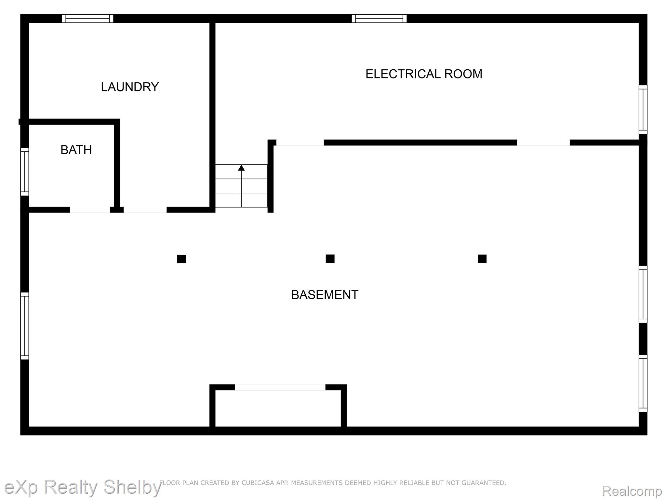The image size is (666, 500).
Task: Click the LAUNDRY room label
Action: point(130,87)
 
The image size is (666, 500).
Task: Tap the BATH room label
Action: point(76,150)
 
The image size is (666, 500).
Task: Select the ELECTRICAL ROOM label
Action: point(424,74)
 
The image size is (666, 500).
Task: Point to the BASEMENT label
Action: point(325,295)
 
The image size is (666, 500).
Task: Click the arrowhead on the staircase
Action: point(241,168)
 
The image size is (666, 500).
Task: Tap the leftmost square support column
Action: point(181,259)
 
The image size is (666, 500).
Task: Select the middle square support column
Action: point(330,258)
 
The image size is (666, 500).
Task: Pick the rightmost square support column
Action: point(482,259)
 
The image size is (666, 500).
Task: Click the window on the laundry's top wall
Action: point(88,19)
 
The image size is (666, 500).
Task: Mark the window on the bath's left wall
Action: point(25,172)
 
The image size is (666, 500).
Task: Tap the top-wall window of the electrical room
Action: point(379,19)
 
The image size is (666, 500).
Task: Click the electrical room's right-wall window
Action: point(643,110)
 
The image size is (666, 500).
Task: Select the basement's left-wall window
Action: point(25,326)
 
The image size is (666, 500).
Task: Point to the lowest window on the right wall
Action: point(643,383)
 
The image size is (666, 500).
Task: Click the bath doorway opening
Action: point(90,210)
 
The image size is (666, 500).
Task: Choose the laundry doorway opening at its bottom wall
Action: point(145,210)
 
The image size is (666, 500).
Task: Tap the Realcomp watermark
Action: point(632,491)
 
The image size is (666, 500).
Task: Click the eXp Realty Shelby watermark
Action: point(83,487)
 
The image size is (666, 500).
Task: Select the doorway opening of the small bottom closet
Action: point(280,387)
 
